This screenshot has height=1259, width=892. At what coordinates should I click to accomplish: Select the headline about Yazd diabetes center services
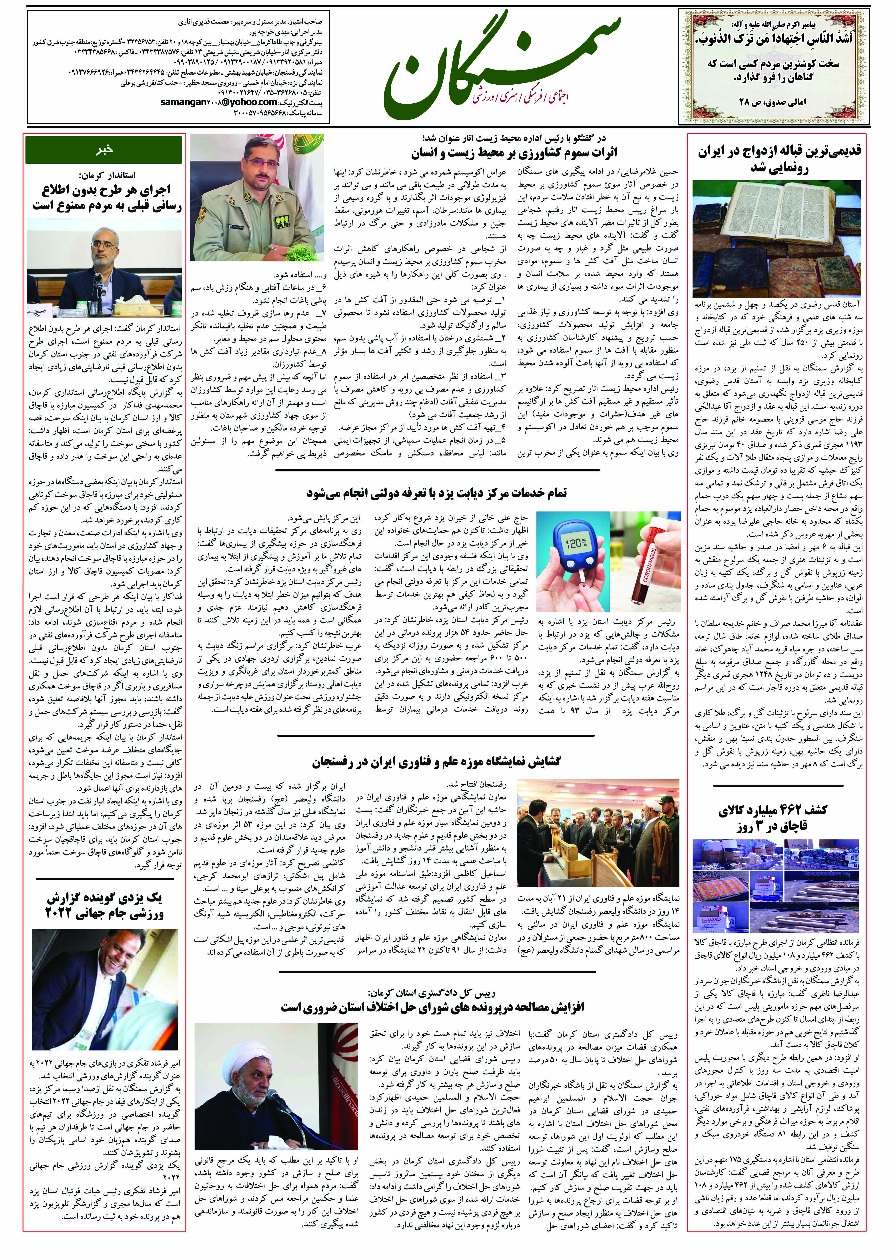click(437, 493)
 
